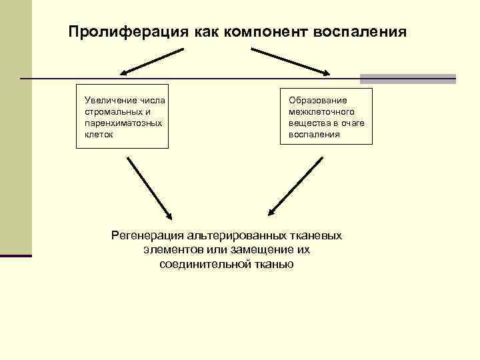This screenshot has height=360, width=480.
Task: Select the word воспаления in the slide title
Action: pyautogui.click(x=364, y=32)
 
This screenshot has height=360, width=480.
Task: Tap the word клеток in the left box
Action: pyautogui.click(x=99, y=134)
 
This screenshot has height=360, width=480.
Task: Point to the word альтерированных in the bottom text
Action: pyautogui.click(x=236, y=235)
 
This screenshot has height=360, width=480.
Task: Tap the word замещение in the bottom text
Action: pyautogui.click(x=252, y=249)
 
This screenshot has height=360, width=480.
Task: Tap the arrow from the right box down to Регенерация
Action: pyautogui.click(x=295, y=187)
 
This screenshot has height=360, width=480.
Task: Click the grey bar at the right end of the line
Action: pyautogui.click(x=408, y=79)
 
